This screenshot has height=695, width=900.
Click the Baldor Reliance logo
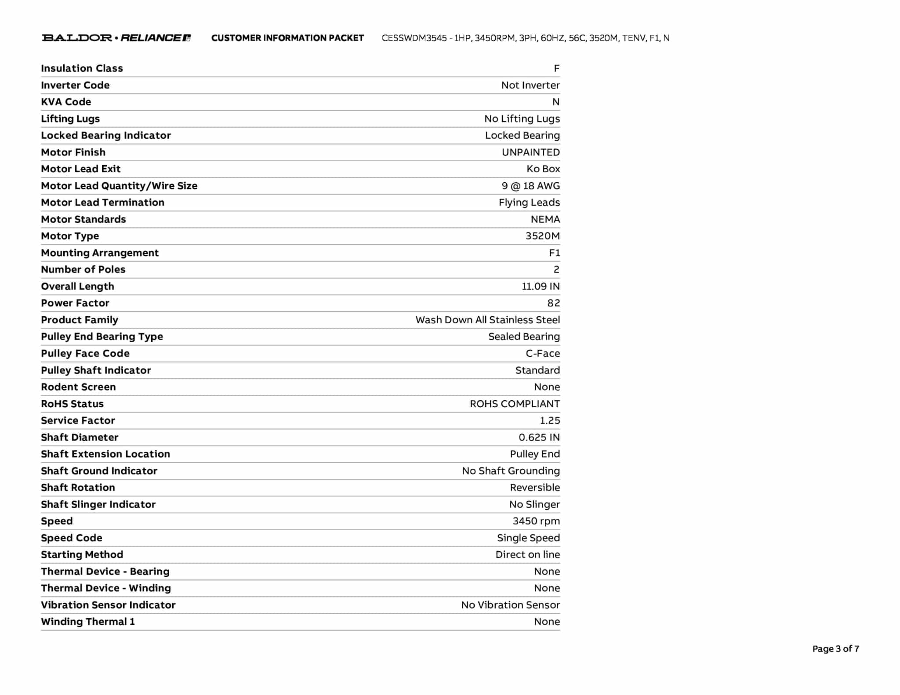point(116,38)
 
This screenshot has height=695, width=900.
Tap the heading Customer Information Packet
point(287,38)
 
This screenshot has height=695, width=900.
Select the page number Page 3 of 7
point(835,648)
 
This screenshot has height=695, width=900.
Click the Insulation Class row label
point(82,69)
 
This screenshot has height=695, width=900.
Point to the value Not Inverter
point(530,85)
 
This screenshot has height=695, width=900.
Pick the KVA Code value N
point(556,102)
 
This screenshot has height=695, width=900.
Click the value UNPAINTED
point(530,152)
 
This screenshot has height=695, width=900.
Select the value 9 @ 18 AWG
point(530,186)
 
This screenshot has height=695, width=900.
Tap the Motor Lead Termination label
point(102,203)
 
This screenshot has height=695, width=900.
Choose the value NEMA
point(545,219)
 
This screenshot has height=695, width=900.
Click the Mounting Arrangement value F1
point(554,253)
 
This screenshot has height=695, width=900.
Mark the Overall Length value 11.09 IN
point(541,286)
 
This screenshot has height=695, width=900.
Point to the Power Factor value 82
point(553,303)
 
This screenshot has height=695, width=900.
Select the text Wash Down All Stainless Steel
point(487,320)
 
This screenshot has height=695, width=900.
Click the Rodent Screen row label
point(78,387)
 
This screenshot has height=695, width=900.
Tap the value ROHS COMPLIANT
point(515,404)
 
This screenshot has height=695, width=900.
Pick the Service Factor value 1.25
point(550,420)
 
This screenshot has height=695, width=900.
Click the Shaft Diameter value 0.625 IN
point(539,438)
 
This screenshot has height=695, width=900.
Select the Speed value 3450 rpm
point(536,521)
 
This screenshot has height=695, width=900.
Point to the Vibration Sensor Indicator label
point(108,605)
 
